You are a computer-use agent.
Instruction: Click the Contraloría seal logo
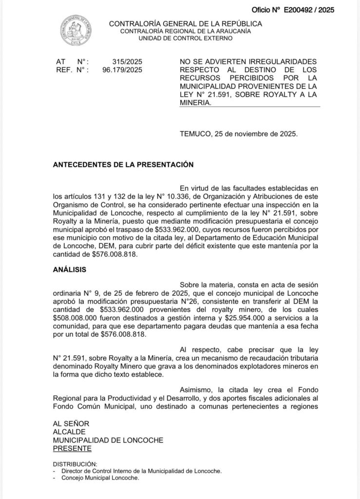point(76,31)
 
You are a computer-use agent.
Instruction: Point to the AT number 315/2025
point(127,62)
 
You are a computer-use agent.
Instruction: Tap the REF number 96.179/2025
point(122,70)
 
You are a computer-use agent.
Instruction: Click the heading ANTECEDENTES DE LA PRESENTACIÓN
point(123,165)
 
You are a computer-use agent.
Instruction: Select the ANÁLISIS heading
point(70,269)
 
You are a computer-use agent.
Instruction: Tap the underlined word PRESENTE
point(72,448)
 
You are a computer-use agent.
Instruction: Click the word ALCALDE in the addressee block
point(69,432)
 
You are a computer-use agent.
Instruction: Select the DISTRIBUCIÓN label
point(75,464)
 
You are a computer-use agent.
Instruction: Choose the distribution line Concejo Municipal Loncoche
point(100,478)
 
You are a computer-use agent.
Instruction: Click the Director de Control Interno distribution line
point(141,471)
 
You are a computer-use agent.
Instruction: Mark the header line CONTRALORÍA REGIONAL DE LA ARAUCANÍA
point(186,31)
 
